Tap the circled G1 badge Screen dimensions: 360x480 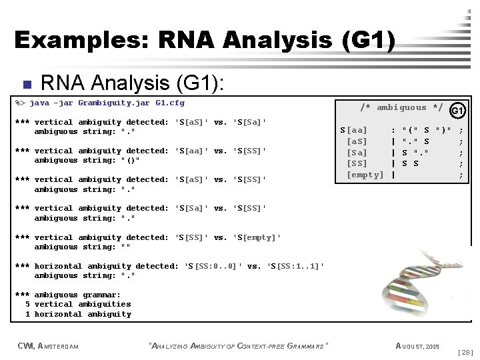(x=457, y=111)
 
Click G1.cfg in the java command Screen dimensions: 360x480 (x=169, y=103)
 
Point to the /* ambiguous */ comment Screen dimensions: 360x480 (x=401, y=107)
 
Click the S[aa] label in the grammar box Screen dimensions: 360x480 (x=353, y=129)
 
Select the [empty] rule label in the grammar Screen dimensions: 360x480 (x=365, y=175)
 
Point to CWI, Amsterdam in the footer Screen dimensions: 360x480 (x=48, y=345)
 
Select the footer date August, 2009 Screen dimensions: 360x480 (x=417, y=345)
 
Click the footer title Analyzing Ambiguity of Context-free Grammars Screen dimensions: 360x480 (x=240, y=345)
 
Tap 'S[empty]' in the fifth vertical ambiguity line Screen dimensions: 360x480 (x=257, y=237)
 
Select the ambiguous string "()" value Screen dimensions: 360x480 (x=131, y=161)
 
